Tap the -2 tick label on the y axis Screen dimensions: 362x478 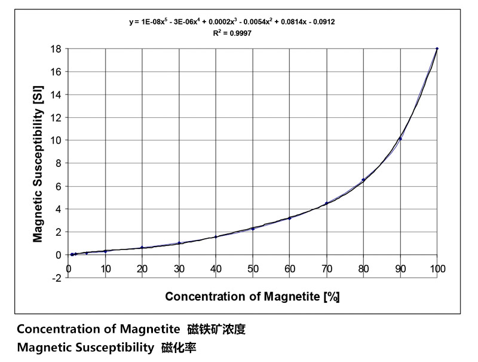(57, 278)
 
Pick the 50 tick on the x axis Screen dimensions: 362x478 (253, 269)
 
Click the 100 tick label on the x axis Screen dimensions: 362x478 (437, 269)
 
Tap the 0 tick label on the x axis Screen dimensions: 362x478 (69, 269)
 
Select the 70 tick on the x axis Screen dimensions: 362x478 (327, 269)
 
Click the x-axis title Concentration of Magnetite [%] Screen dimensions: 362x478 (253, 296)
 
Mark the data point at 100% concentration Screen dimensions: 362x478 (437, 48)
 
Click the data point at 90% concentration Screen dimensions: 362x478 (400, 139)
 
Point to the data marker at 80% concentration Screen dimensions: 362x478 (363, 180)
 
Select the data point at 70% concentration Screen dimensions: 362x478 (326, 203)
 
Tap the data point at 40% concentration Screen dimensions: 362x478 (216, 237)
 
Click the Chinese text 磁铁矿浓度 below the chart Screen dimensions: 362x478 (216, 329)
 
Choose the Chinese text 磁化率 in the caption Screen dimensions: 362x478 (179, 347)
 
